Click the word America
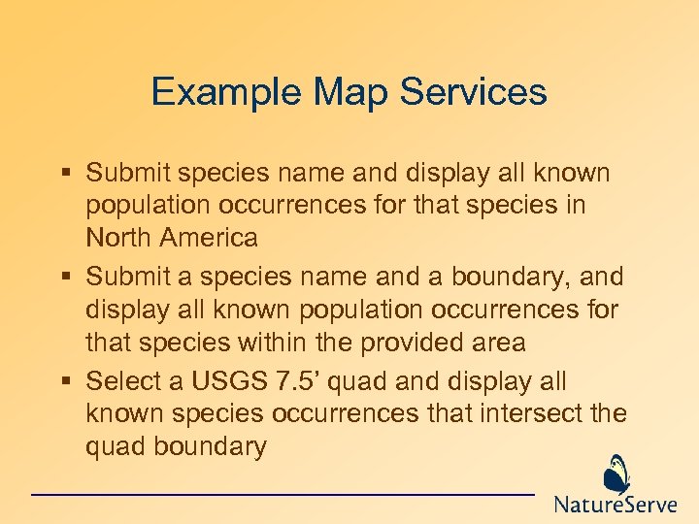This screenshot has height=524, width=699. click(209, 238)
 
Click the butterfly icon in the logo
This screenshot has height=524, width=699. click(616, 475)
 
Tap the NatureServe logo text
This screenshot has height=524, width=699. click(616, 505)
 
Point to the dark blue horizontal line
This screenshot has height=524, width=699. click(283, 495)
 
